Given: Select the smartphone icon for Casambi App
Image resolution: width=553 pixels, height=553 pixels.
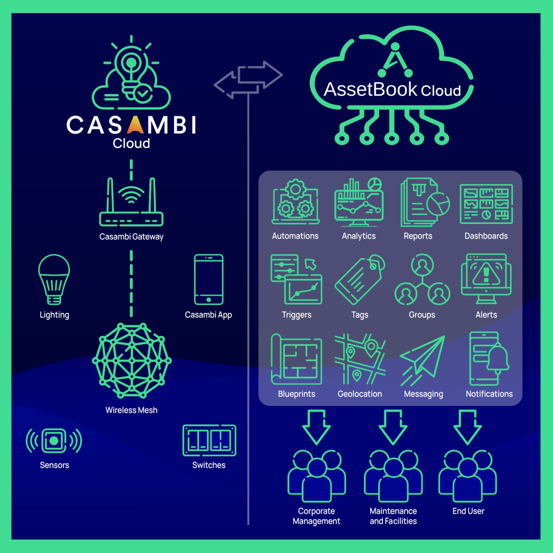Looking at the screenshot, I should (208, 280).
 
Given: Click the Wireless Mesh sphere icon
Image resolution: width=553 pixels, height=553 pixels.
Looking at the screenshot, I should (131, 360).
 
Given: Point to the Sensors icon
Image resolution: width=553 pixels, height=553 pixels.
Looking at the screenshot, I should (54, 440).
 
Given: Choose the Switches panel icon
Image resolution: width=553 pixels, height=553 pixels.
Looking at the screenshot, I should (209, 440).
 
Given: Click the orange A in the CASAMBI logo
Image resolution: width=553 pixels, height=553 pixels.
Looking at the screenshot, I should (136, 125).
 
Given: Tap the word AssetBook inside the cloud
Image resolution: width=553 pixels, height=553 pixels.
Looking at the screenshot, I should (370, 89).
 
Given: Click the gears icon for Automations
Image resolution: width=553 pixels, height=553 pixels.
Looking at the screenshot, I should (295, 202).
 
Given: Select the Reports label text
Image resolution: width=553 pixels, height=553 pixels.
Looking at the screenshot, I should (418, 236).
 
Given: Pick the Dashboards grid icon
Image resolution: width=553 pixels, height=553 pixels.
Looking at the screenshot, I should (486, 204).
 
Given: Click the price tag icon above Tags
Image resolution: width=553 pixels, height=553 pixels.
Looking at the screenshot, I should (359, 279).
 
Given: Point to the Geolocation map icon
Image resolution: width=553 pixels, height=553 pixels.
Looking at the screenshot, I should (359, 359).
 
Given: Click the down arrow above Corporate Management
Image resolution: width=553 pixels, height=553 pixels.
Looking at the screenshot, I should (316, 427).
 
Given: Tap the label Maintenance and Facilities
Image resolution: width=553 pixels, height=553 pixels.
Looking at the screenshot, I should (393, 516).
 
